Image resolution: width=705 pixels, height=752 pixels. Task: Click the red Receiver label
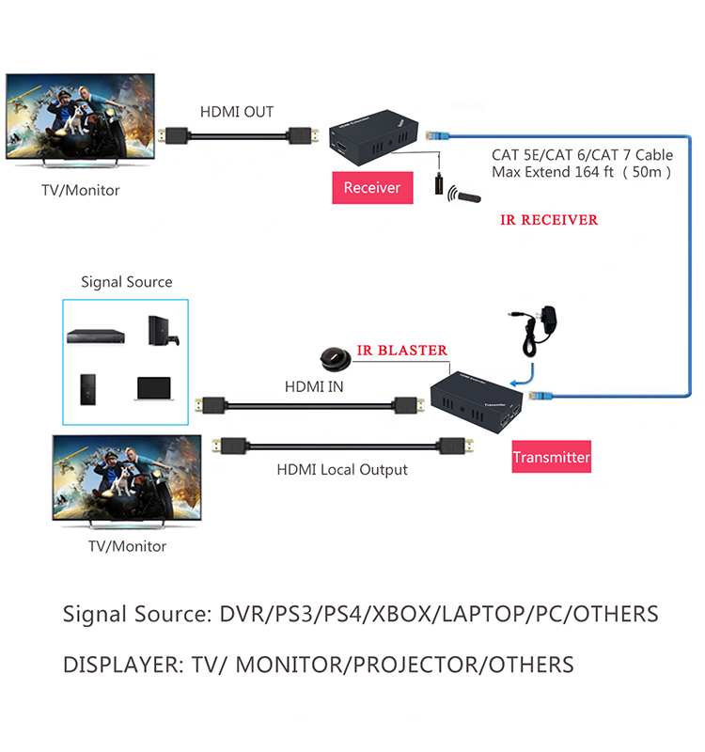tap(371, 188)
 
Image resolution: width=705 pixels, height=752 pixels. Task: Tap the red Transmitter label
tap(551, 458)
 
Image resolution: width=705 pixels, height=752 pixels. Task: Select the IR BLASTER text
tap(401, 350)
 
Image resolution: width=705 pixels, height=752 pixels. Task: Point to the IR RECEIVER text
tap(549, 220)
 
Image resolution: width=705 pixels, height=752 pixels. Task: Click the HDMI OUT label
tap(237, 112)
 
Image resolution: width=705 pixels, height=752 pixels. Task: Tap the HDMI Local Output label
tap(342, 469)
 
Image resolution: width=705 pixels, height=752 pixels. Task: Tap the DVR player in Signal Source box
tap(93, 335)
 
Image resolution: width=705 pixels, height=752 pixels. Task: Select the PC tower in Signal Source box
tap(87, 388)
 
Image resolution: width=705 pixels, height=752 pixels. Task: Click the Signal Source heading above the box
tap(126, 282)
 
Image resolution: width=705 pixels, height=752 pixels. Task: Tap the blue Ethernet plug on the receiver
tap(433, 136)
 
